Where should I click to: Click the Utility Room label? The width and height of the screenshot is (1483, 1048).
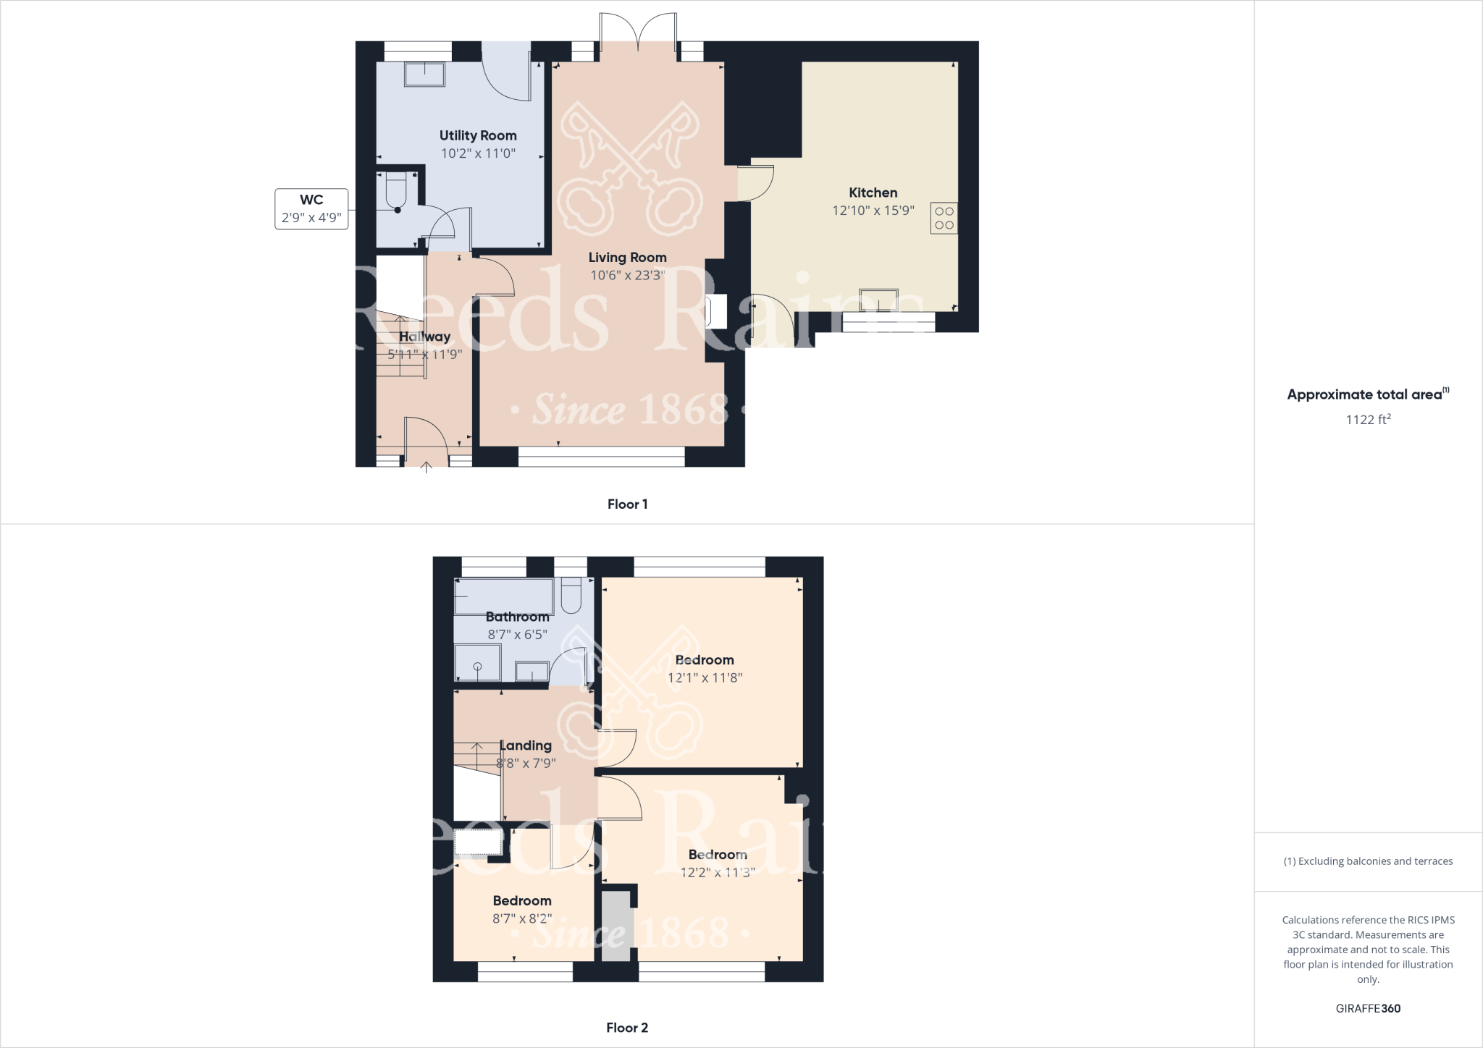click(x=478, y=135)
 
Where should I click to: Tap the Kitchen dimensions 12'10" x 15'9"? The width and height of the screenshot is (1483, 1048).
click(x=873, y=211)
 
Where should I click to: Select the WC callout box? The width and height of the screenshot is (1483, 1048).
click(x=311, y=208)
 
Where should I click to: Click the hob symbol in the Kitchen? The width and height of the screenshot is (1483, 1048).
click(x=944, y=218)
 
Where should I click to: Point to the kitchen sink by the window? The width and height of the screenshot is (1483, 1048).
click(x=878, y=300)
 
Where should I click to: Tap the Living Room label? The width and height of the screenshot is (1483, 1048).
click(x=627, y=257)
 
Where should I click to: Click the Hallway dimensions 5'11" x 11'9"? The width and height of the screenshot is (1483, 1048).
click(x=424, y=355)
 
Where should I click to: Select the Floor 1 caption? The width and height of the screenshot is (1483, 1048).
click(x=627, y=504)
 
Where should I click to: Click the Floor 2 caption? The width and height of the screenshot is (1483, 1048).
click(x=627, y=1028)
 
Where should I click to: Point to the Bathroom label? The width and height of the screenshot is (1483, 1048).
click(x=517, y=617)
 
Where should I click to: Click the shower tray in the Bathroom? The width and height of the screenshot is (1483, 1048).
click(x=477, y=663)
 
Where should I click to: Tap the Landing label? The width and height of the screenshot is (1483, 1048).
click(x=526, y=745)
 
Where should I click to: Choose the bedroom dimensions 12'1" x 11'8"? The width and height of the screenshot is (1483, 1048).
click(x=705, y=678)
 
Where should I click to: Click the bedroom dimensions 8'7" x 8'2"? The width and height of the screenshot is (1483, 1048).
click(x=522, y=918)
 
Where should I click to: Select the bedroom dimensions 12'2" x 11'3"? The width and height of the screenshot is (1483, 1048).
click(x=718, y=873)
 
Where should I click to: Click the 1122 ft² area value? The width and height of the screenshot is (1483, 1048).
click(x=1368, y=420)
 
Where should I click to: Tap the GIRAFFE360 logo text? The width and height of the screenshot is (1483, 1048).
click(x=1368, y=1008)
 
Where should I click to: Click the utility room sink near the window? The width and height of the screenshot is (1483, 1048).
click(x=424, y=75)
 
